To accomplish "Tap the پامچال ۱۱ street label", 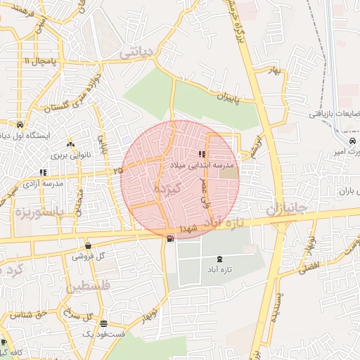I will (37, 62).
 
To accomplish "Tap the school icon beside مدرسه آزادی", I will (44, 172).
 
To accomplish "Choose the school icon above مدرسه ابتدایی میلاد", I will (202, 153).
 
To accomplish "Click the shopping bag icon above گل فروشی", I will (88, 245).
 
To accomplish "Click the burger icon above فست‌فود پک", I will (104, 323).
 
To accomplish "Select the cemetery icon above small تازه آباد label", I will (223, 259).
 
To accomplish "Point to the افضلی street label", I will (309, 266).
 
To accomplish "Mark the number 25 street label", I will (117, 170).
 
